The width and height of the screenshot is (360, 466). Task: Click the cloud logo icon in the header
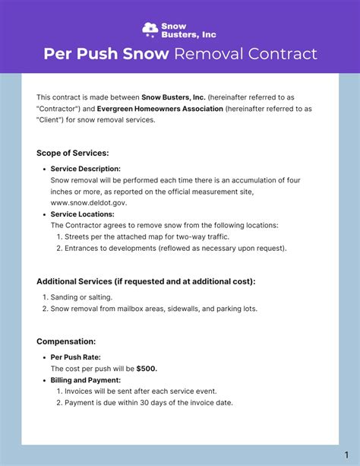(150, 29)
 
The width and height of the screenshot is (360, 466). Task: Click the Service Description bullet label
(86, 168)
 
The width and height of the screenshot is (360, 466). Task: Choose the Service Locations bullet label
(82, 214)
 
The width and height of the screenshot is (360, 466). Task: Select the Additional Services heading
(146, 281)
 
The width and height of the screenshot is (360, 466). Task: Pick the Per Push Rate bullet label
(76, 357)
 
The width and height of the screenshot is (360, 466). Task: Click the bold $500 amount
(147, 369)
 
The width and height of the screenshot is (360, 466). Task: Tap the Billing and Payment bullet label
(86, 379)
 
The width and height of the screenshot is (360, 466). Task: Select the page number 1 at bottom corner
(346, 454)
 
